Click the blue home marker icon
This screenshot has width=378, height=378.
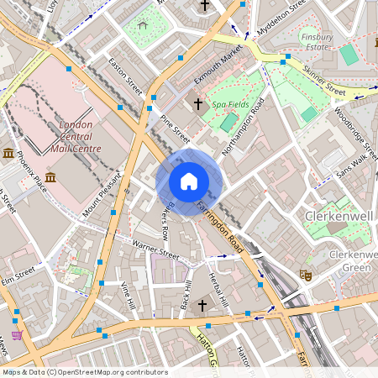click(x=189, y=181)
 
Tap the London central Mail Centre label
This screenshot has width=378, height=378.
click(x=80, y=137)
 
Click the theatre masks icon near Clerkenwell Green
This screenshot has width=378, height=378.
click(x=306, y=275)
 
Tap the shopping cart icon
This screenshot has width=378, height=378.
click(x=16, y=334)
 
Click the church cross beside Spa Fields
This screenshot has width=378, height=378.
click(x=198, y=104)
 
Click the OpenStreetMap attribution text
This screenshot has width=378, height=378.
click(x=84, y=372)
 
